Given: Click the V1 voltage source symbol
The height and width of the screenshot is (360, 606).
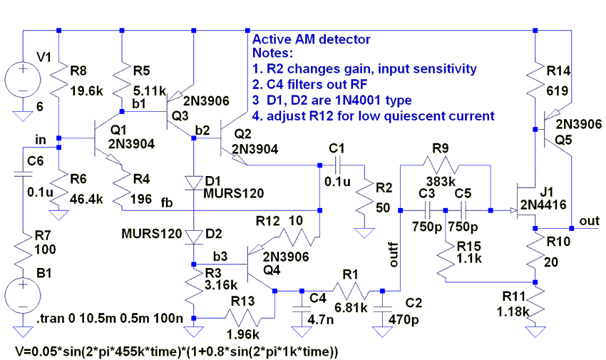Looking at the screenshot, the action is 23,80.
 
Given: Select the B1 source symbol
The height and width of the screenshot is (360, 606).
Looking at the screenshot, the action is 23,297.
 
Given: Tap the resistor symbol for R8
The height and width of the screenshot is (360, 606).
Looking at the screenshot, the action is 58,80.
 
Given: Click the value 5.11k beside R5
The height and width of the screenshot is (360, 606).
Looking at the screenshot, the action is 150,91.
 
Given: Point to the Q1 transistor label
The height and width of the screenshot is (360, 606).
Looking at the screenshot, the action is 118,130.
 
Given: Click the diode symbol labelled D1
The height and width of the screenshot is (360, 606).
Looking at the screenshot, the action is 194,182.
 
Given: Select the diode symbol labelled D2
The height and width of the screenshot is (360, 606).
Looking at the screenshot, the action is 194,237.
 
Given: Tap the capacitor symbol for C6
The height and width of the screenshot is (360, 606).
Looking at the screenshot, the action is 23,174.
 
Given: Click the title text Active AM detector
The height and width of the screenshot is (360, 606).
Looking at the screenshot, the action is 311,39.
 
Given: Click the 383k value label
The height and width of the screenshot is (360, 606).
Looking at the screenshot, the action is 441,181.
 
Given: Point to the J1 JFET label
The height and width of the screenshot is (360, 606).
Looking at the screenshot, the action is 546,192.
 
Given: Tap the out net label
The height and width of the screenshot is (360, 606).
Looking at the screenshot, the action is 590,220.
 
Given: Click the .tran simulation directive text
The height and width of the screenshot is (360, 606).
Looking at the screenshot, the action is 110,319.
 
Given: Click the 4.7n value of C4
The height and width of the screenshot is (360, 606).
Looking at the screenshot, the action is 320,320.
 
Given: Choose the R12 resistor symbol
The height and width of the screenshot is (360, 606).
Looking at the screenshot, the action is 297,237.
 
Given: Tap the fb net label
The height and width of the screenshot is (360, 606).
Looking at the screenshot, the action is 167,202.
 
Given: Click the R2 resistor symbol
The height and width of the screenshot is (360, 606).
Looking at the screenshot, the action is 364,201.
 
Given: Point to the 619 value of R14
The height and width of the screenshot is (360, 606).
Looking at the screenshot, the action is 558,91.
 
